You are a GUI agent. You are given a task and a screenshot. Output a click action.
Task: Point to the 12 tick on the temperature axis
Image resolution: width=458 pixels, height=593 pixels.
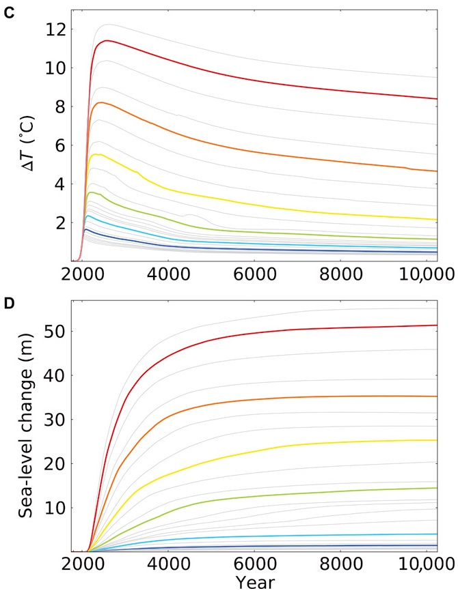pos(56,30)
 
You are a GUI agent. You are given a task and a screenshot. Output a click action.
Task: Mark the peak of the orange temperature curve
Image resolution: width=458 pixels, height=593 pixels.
pos(101,102)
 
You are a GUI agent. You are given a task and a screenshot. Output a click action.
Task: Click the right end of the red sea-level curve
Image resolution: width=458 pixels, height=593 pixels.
pos(436,326)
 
